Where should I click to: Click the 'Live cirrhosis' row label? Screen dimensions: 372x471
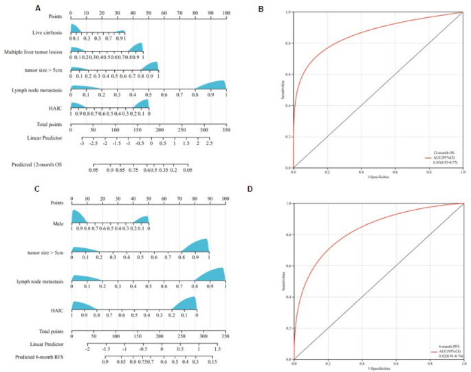[x=46, y=32]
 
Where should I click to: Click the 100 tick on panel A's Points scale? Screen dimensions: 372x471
[x=226, y=13]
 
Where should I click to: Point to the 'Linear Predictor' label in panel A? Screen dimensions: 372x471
[x=41, y=137]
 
